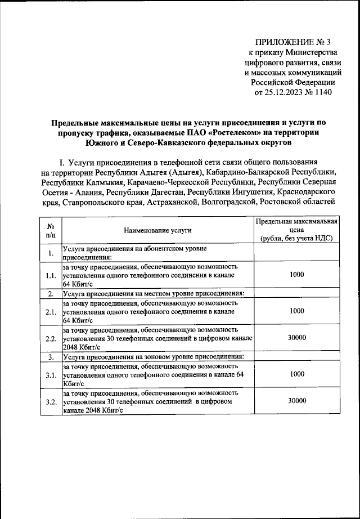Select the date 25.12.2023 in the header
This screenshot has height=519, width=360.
pyautogui.click(x=286, y=92)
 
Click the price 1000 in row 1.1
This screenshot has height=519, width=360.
pyautogui.click(x=296, y=274)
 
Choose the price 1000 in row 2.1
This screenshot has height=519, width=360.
pyautogui.click(x=296, y=310)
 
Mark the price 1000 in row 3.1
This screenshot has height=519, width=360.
pyautogui.click(x=296, y=373)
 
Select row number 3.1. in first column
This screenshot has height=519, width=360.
pyautogui.click(x=51, y=374)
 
